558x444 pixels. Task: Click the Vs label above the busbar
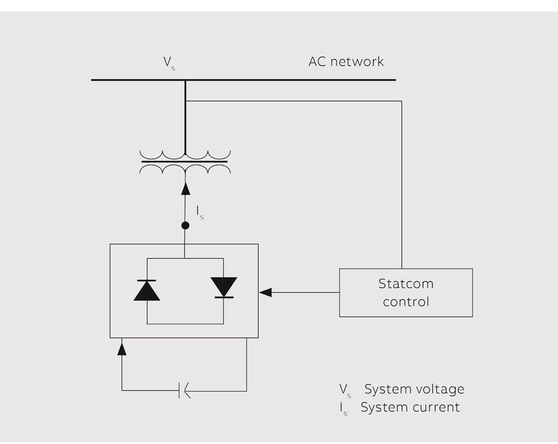[x=169, y=63]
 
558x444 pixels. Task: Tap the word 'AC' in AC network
[x=317, y=61]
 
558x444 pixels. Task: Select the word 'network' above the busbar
[x=357, y=61]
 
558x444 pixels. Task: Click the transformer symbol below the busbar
[x=185, y=162]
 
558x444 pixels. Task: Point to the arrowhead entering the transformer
[x=185, y=188]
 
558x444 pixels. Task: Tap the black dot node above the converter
[x=185, y=225]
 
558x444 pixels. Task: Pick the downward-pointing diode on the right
[x=224, y=287]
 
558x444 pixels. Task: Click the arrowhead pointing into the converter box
[x=265, y=292]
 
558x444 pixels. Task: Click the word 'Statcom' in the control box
[x=406, y=283]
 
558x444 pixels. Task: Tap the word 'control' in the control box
[x=406, y=302]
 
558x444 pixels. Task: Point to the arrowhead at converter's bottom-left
[x=122, y=348]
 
